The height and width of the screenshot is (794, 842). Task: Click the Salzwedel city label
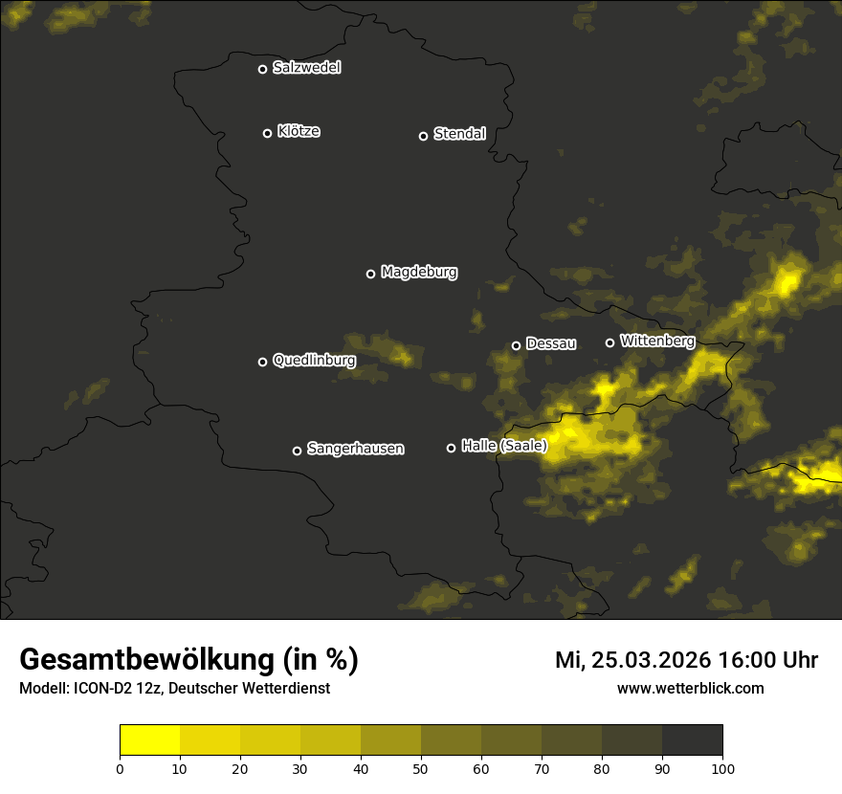pos(306,68)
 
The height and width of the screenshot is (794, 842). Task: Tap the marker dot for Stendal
pos(423,136)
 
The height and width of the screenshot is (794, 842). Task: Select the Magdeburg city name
pos(418,273)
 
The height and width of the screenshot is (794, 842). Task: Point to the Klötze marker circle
pos(267,133)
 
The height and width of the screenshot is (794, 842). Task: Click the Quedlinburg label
pos(314,361)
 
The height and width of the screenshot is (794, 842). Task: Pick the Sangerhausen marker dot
pos(297,451)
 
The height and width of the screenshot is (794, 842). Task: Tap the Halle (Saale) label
pos(503,446)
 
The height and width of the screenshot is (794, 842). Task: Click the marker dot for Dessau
pos(516,345)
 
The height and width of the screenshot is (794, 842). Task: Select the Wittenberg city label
pos(656,341)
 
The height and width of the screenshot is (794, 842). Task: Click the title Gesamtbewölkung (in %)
pos(188,660)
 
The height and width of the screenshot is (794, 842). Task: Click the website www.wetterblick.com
pos(690,688)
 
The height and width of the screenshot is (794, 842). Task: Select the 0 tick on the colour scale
pos(120,767)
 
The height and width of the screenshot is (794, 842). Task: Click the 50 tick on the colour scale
pos(421,767)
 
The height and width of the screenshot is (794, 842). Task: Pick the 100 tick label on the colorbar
pos(722,767)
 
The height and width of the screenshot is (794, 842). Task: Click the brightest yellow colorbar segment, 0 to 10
pos(149,740)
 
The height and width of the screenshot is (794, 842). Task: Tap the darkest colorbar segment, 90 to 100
pos(692,740)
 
